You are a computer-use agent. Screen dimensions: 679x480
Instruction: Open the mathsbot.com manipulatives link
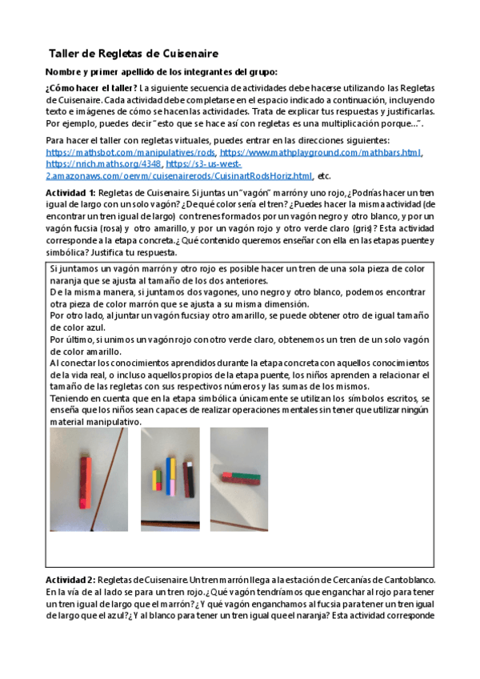pos(130,151)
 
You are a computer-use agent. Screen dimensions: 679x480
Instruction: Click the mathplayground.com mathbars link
pos(320,151)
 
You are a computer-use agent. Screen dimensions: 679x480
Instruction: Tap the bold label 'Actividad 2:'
pos(71,578)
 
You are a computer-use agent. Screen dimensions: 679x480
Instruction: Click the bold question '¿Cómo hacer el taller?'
pos(92,88)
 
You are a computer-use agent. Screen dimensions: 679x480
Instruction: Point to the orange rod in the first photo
pos(84,478)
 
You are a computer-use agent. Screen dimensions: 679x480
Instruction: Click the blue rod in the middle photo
pos(170,474)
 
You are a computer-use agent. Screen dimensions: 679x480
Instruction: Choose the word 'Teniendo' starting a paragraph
pos(71,398)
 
